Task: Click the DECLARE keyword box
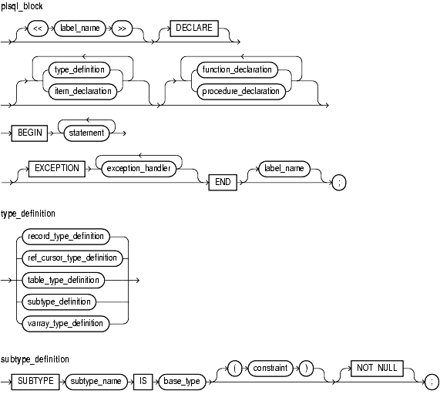click(194, 28)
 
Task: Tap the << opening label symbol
click(38, 29)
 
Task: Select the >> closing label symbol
click(122, 29)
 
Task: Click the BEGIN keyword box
click(29, 133)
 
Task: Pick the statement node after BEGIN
click(86, 133)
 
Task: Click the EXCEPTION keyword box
click(57, 169)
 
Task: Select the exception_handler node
click(139, 169)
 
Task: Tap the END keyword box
click(223, 182)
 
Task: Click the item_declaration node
click(82, 92)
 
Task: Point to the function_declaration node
click(237, 70)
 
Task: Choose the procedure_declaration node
click(241, 92)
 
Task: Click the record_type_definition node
click(66, 237)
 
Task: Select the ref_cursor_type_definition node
click(72, 258)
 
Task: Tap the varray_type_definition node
click(65, 324)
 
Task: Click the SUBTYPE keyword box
click(35, 382)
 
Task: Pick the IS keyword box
click(143, 382)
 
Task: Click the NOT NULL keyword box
click(377, 368)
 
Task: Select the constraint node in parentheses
click(270, 368)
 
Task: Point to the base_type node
click(182, 382)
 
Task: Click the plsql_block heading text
click(22, 6)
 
